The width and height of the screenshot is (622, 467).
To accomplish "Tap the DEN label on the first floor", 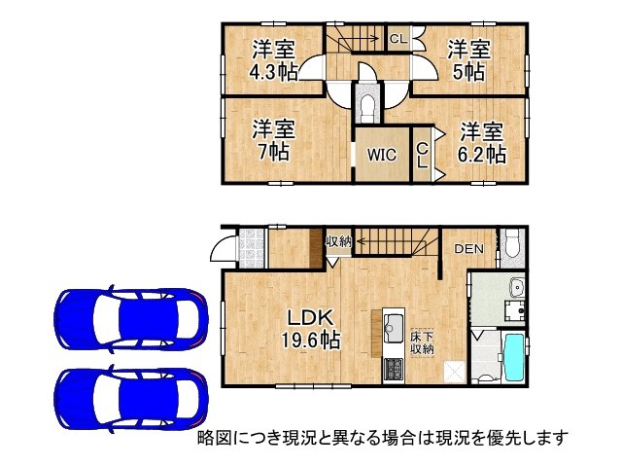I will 468,249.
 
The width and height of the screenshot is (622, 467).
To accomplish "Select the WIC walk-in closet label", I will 380,154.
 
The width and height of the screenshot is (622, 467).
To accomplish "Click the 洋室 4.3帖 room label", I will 272,59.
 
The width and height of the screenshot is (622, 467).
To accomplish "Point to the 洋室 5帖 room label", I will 467,59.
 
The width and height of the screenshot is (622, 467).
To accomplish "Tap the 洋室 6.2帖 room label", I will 481,142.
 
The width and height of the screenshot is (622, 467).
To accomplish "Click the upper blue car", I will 131,318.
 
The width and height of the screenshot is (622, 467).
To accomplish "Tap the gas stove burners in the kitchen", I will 395,370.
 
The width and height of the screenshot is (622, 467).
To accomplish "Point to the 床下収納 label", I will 421,341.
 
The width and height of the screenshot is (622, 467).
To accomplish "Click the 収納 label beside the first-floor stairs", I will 338,241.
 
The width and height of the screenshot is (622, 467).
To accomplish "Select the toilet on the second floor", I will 367,103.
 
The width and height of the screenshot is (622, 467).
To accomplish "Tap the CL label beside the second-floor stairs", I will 397,39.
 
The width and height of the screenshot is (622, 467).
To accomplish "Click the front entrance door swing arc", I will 222,249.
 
